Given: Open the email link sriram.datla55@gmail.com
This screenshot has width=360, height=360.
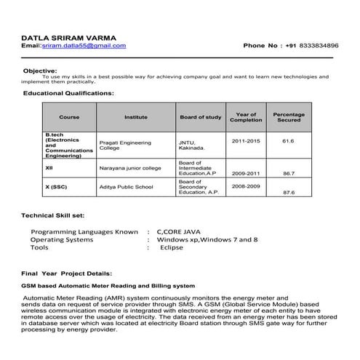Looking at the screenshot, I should (84, 45).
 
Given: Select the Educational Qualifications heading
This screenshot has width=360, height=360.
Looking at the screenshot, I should (68, 93).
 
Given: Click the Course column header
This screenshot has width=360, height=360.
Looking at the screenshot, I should (69, 116).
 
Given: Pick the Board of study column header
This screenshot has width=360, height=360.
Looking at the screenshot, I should (200, 116).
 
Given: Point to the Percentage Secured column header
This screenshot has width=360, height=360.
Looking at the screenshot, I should (289, 116).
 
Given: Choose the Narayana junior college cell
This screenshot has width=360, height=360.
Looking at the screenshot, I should (130, 168).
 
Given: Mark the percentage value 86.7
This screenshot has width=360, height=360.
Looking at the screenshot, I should (289, 174).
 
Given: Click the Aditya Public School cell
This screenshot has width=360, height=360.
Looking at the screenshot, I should (126, 187).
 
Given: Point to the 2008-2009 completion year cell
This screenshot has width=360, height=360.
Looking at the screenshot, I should (246, 186).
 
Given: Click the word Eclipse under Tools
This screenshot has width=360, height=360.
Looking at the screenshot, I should (172, 247).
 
